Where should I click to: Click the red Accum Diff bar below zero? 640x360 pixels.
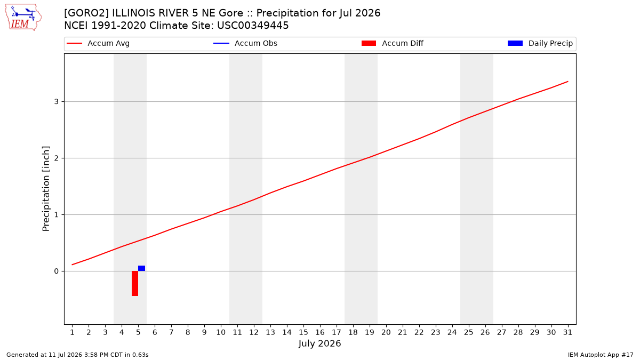pos(135,283)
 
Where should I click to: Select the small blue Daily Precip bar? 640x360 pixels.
pos(142,268)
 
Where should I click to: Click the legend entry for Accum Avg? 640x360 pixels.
pos(98,43)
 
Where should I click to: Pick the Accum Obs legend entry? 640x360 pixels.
pos(245,43)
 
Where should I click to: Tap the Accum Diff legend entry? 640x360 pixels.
pos(393,43)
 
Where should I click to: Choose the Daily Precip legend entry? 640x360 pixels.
pos(540,43)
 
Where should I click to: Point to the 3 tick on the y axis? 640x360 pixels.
pos(57,102)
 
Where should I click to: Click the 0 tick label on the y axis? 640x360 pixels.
pos(57,271)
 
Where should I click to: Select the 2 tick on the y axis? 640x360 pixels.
pos(57,158)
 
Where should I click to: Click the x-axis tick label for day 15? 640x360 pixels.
pos(303,332)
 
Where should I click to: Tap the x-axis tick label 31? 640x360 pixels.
pos(567,332)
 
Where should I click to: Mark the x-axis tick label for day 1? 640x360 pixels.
pos(73,332)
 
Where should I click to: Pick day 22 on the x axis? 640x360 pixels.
pos(419,332)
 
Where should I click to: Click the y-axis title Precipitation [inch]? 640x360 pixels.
pos(46,189)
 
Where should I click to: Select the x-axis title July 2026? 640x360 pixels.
pos(319,343)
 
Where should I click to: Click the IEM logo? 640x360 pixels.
pos(23,18)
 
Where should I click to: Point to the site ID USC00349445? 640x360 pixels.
pos(253,26)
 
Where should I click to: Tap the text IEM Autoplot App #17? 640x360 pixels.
pos(601,355)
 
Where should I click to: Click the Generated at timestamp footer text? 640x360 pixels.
pos(77,355)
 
